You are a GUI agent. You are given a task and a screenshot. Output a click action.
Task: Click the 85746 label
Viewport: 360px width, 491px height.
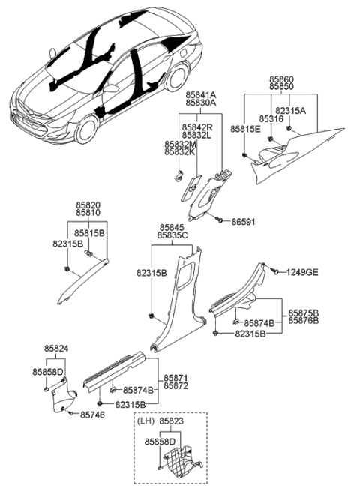pos(92,414)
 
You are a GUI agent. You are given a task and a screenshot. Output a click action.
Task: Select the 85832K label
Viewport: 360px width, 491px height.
pos(179,152)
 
